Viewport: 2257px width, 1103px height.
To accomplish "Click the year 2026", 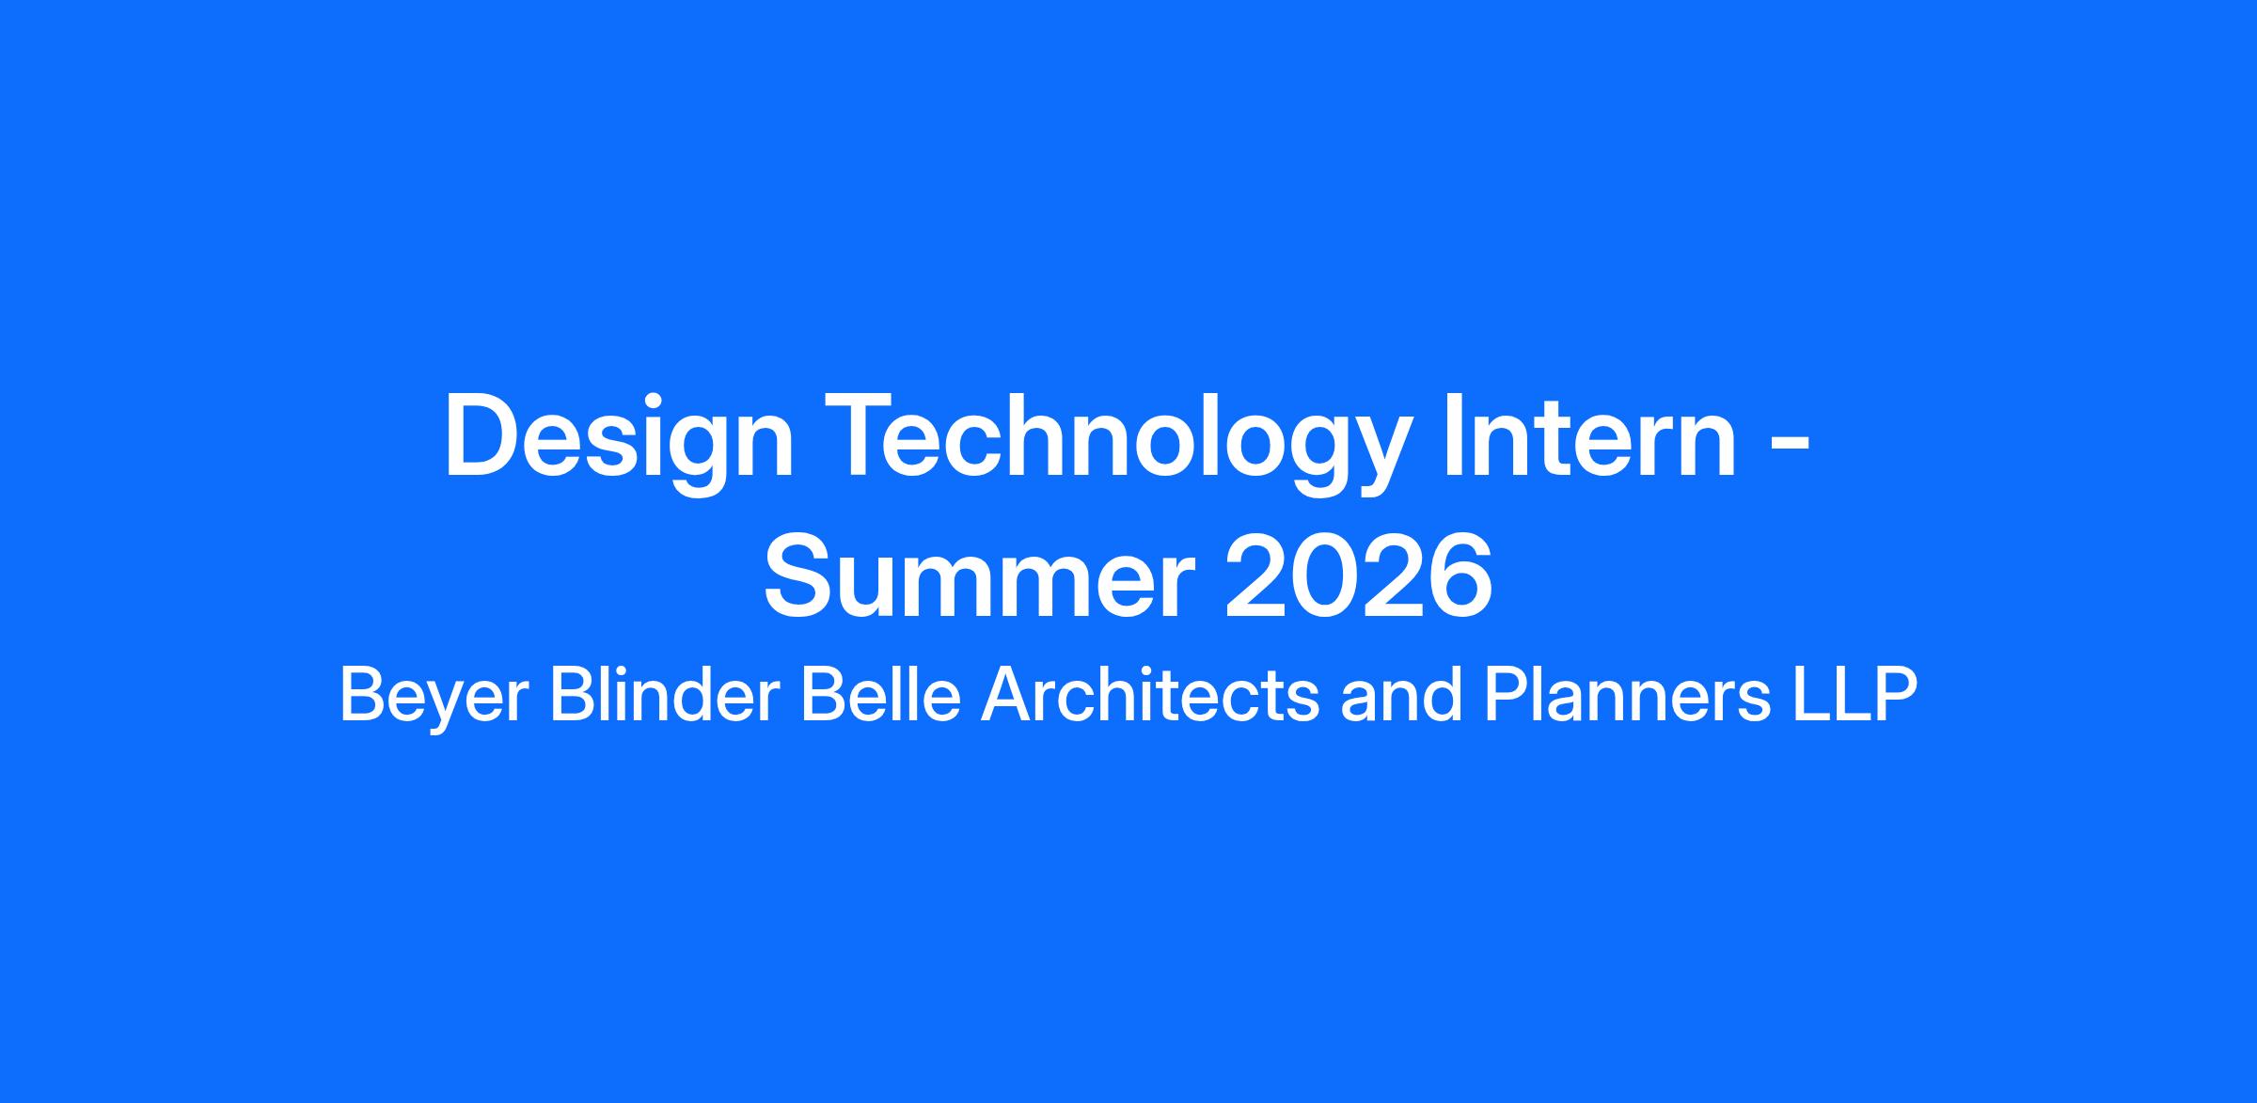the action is click(x=1358, y=578).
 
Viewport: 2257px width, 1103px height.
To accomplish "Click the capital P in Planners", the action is click(x=1507, y=696).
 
